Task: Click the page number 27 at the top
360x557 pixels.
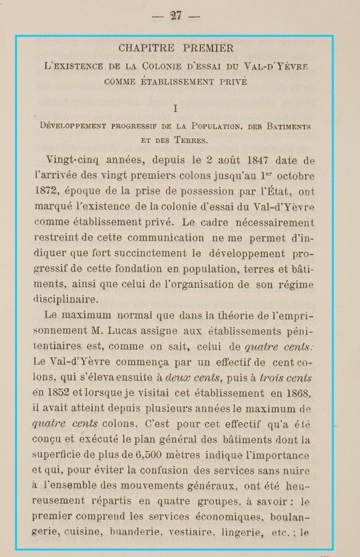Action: (176, 16)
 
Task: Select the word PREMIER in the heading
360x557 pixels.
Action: (208, 48)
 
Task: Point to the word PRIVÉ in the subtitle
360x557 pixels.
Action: (231, 80)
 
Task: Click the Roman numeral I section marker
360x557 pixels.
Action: (176, 108)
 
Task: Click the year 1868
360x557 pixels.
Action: (297, 392)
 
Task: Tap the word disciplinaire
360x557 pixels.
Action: (66, 299)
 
